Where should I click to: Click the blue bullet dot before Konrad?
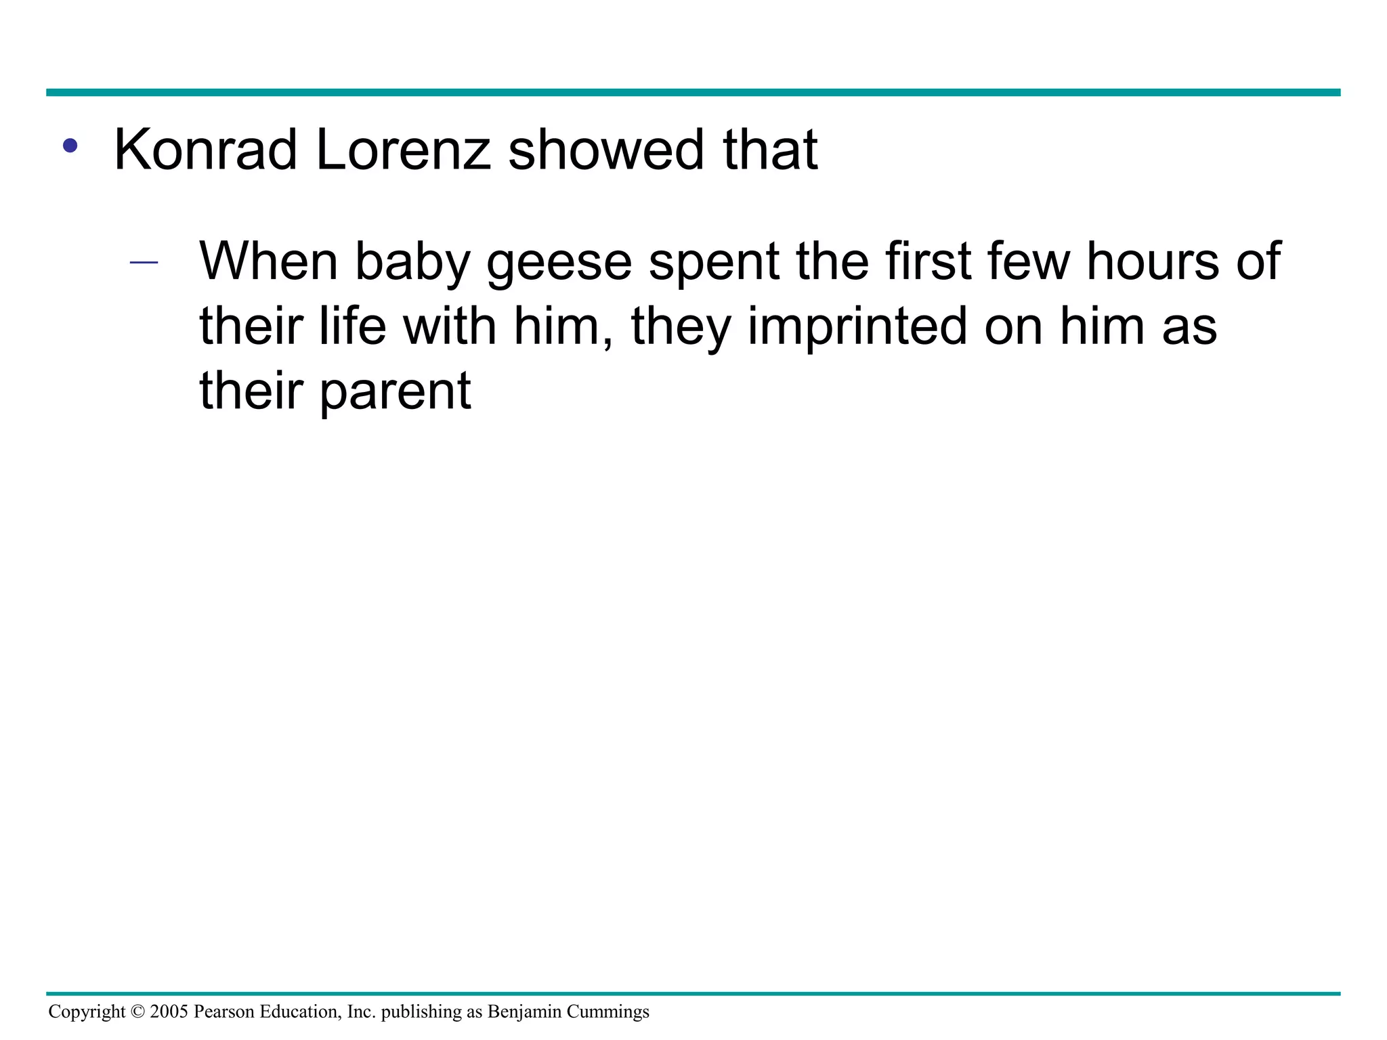pyautogui.click(x=70, y=146)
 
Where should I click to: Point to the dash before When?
pyautogui.click(x=144, y=263)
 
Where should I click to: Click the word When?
pyautogui.click(x=268, y=261)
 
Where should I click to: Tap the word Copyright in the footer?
pyautogui.click(x=87, y=1012)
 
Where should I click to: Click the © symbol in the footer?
pyautogui.click(x=137, y=1012)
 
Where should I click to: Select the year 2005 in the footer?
pyautogui.click(x=169, y=1012)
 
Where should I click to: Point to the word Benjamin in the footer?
pyautogui.click(x=524, y=1012)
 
